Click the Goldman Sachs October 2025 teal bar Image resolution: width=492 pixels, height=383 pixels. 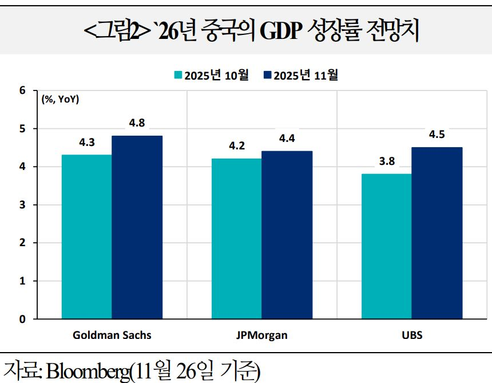coord(87,236)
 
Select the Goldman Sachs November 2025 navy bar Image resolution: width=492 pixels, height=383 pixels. coord(137,227)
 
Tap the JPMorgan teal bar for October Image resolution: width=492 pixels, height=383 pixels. coord(236,238)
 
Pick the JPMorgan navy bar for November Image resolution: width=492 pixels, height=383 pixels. coord(287,235)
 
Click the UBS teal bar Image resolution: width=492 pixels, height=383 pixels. coord(386,246)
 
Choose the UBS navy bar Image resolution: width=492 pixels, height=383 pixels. coord(437,232)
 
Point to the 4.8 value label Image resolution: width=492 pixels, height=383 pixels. coord(137,123)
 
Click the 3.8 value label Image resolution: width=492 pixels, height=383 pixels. coord(387,161)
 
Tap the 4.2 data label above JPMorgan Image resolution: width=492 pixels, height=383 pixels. coord(237,146)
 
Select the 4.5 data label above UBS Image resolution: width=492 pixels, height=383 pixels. coord(437,135)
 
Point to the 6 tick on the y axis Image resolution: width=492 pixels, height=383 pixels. coord(22,90)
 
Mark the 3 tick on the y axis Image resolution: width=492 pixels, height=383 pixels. coord(22,205)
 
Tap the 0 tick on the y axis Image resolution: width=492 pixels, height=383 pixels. coord(22,319)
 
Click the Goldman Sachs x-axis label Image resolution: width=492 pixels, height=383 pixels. coord(112,335)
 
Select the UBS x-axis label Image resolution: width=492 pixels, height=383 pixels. coord(412,335)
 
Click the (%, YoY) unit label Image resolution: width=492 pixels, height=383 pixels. coord(60,100)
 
